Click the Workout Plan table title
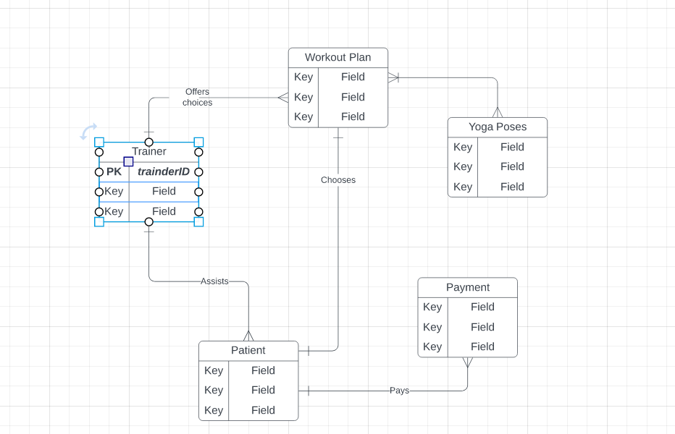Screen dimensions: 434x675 click(337, 57)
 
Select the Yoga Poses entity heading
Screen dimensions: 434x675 click(497, 127)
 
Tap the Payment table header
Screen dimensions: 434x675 click(467, 287)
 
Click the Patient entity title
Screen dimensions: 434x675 click(248, 350)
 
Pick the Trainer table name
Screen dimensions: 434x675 click(149, 152)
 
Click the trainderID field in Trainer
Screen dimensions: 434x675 click(164, 171)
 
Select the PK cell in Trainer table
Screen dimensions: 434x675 click(114, 171)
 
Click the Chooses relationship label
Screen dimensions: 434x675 click(338, 179)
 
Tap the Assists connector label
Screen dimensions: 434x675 click(214, 281)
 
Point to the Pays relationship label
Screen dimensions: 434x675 click(399, 391)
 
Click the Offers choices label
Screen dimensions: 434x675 click(197, 97)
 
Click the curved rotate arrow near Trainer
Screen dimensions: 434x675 click(88, 131)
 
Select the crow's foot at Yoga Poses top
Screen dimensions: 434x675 click(498, 112)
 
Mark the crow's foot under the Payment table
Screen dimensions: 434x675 click(467, 362)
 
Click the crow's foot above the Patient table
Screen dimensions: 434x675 click(248, 336)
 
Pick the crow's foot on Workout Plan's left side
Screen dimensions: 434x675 click(282, 97)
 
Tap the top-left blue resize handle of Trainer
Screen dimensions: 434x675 click(99, 142)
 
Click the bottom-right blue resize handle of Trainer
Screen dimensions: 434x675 click(198, 221)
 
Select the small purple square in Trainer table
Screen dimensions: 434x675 click(128, 161)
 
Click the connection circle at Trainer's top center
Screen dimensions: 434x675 click(149, 142)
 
